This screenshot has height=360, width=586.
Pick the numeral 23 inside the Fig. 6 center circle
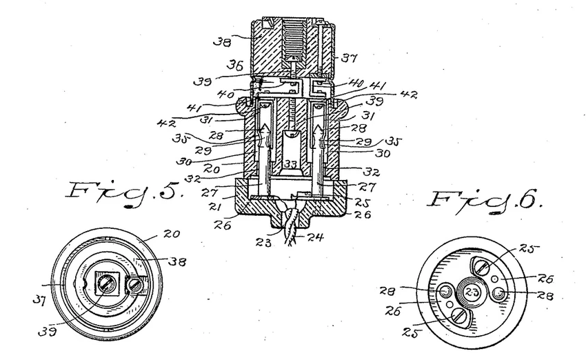point(473,291)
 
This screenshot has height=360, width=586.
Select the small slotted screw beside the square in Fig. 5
point(137,281)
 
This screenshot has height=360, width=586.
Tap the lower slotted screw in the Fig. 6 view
point(461,318)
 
